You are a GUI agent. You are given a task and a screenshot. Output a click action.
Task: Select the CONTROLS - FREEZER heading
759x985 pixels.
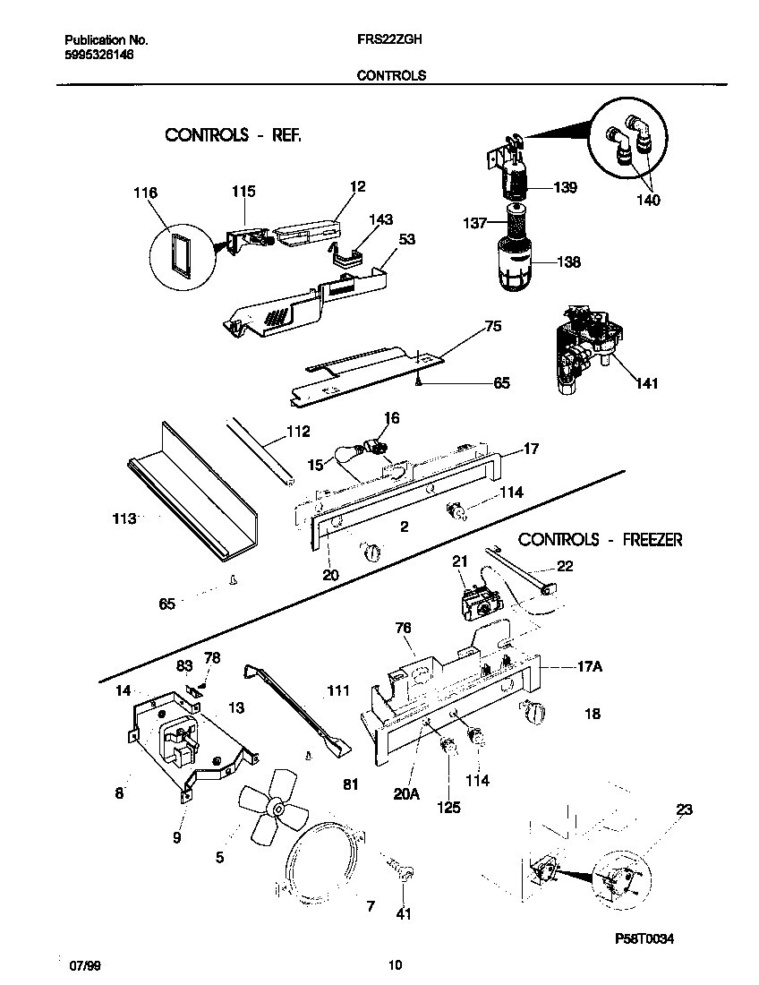[x=601, y=540]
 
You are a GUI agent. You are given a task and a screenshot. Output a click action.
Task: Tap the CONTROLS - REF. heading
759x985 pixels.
[x=233, y=135]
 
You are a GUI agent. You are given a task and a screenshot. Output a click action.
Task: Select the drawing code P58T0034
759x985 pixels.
[x=644, y=938]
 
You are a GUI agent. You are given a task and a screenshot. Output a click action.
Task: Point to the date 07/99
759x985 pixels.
[x=82, y=965]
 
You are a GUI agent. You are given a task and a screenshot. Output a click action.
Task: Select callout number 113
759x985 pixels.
[x=124, y=518]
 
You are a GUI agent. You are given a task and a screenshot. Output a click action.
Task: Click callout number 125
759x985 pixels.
[x=448, y=807]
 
